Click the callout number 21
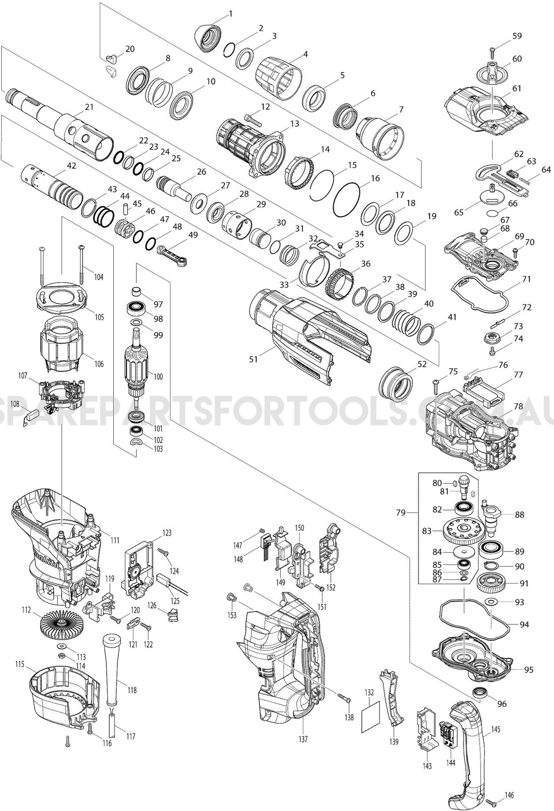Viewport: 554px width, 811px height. [89, 107]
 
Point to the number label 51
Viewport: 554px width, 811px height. [253, 359]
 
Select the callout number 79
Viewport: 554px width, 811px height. [401, 513]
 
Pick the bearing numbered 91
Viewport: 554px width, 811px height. [491, 583]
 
